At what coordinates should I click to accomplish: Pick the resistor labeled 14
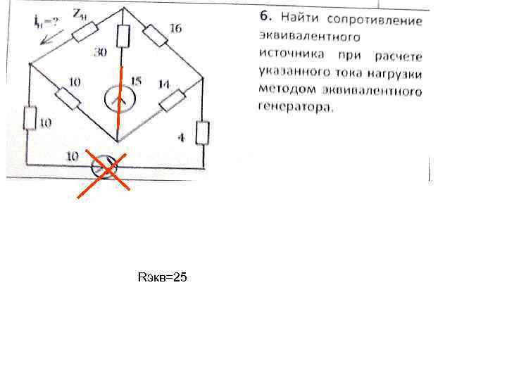172,100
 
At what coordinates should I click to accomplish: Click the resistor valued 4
203,132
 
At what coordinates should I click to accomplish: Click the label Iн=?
46,21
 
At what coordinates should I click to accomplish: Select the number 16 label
175,28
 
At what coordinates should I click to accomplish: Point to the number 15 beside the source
136,82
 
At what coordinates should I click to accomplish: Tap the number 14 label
163,84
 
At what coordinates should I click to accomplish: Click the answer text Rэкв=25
163,279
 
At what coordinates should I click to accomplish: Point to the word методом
284,90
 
